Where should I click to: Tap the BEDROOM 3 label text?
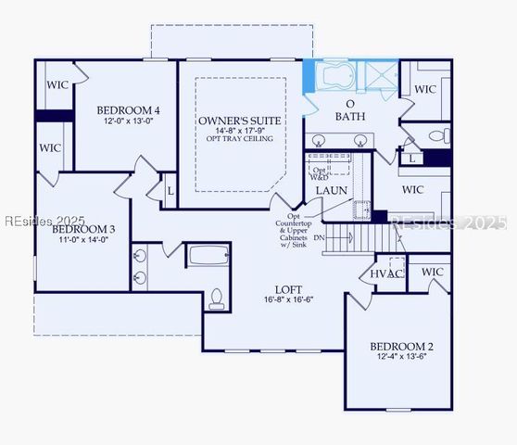point(83,229)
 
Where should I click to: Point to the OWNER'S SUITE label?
point(240,121)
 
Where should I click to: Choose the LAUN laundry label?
point(331,190)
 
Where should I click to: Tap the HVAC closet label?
point(386,273)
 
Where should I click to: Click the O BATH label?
point(350,110)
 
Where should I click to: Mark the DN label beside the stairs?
point(320,237)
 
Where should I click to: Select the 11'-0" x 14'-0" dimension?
point(83,239)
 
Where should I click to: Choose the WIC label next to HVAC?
point(433,272)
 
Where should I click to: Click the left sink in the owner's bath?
point(320,141)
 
